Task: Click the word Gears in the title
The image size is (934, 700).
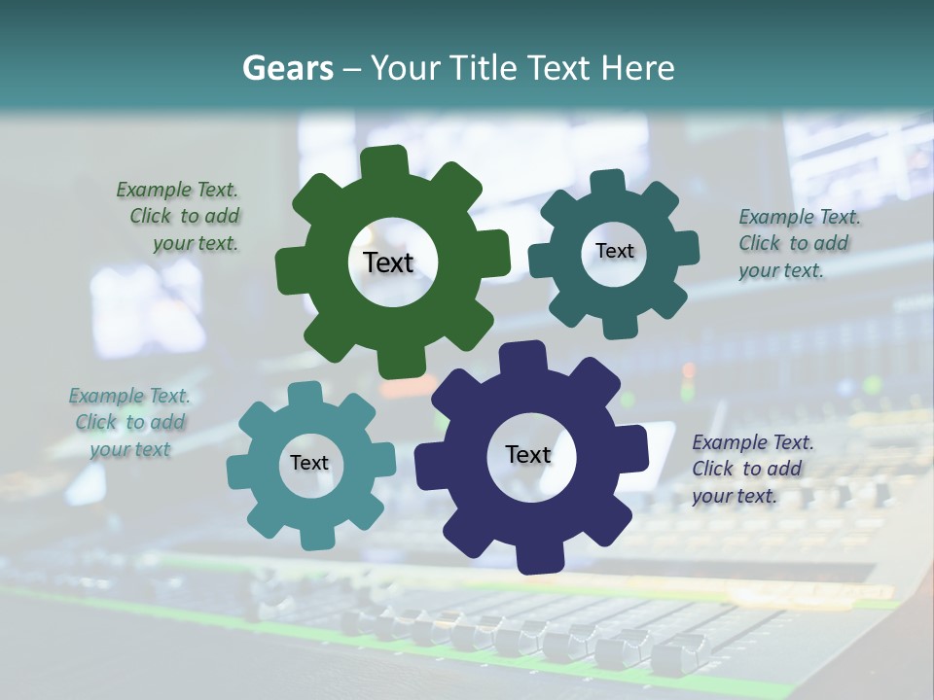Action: [x=288, y=68]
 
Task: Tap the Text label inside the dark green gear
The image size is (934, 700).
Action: [x=388, y=262]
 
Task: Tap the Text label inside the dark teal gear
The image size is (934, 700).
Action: [x=614, y=251]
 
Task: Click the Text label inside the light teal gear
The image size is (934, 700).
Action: [x=309, y=463]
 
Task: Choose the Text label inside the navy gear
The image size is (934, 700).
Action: [x=527, y=454]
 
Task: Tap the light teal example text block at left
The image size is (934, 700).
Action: [x=129, y=423]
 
